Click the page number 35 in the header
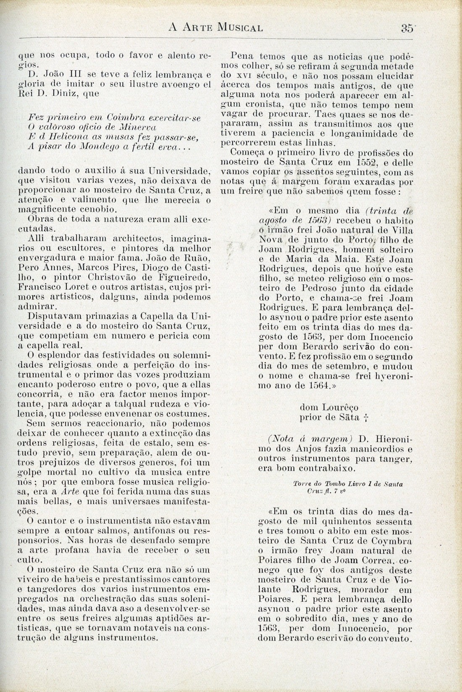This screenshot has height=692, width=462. [x=406, y=28]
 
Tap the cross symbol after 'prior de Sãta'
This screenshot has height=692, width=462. [x=367, y=418]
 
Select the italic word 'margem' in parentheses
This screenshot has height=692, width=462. [x=332, y=439]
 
